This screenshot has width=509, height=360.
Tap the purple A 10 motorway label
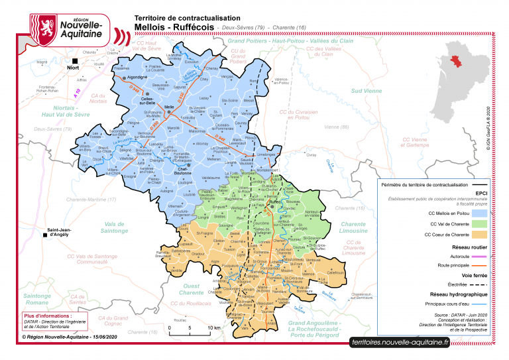[x=77, y=94]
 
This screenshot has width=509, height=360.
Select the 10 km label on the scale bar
[x=214, y=328]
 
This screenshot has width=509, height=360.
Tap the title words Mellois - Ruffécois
[x=174, y=27]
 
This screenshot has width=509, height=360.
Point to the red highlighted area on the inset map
[x=458, y=61]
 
